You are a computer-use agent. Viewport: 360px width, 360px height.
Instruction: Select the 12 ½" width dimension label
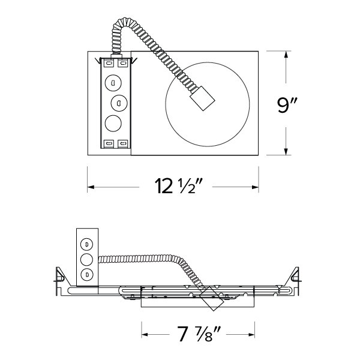pyautogui.click(x=178, y=186)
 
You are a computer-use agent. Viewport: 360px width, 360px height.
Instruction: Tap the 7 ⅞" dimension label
pyautogui.click(x=198, y=334)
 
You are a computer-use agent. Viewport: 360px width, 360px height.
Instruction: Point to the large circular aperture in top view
pyautogui.click(x=208, y=104)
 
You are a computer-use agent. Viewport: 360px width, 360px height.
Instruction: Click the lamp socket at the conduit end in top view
pyautogui.click(x=202, y=98)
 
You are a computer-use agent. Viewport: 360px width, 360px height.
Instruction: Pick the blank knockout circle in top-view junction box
pyautogui.click(x=113, y=123)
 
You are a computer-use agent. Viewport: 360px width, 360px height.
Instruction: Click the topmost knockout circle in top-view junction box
pyautogui.click(x=113, y=83)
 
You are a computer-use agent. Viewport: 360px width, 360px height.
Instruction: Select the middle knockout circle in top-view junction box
pyautogui.click(x=119, y=103)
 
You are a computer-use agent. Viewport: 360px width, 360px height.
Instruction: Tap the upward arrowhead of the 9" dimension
pyautogui.click(x=286, y=55)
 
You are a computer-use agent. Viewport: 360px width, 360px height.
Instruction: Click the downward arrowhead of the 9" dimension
pyautogui.click(x=286, y=152)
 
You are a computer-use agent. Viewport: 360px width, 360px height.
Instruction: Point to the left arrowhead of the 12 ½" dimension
pyautogui.click(x=91, y=187)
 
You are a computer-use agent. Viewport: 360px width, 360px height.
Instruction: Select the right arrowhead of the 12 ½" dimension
pyautogui.click(x=255, y=187)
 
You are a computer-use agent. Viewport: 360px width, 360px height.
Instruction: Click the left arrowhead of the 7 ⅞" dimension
pyautogui.click(x=145, y=334)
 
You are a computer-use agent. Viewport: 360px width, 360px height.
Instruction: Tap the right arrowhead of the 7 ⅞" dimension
pyautogui.click(x=251, y=334)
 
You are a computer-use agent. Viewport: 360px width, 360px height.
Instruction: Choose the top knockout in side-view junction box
pyautogui.click(x=87, y=244)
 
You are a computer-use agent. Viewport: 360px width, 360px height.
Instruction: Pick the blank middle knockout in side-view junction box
pyautogui.click(x=87, y=259)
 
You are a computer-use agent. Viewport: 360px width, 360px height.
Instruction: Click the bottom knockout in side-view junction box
pyautogui.click(x=87, y=274)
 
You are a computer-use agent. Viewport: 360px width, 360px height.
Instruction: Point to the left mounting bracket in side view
pyautogui.click(x=60, y=281)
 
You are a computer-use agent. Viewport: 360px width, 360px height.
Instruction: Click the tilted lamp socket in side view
pyautogui.click(x=211, y=299)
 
